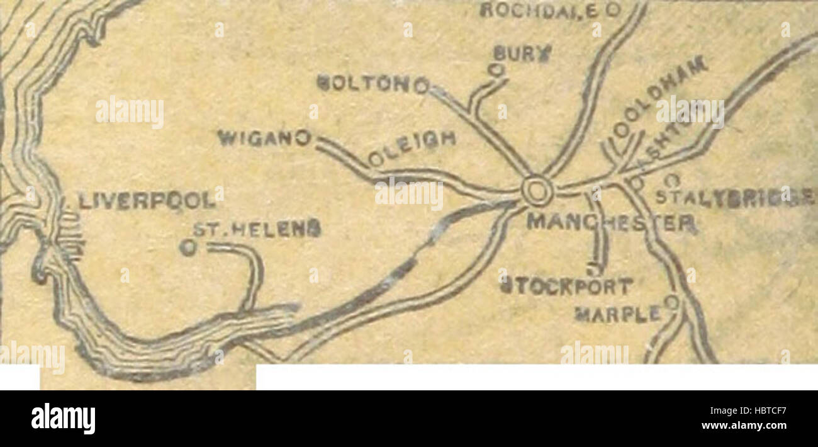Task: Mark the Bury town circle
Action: point(498,69)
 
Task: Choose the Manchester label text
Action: point(611,222)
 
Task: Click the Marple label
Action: point(619,313)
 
